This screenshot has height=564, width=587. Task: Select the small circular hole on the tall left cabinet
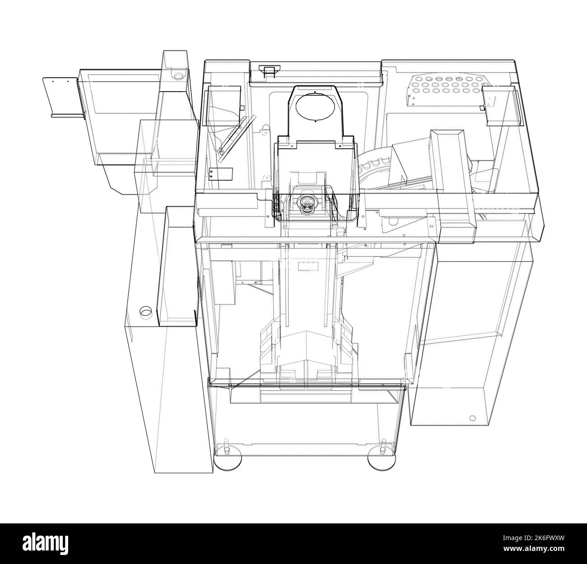145,312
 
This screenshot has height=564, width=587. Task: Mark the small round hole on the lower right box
472,418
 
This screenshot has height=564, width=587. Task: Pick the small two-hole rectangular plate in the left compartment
221,174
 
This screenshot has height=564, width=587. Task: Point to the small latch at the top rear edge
269,70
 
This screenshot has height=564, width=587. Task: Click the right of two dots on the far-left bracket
68,82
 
